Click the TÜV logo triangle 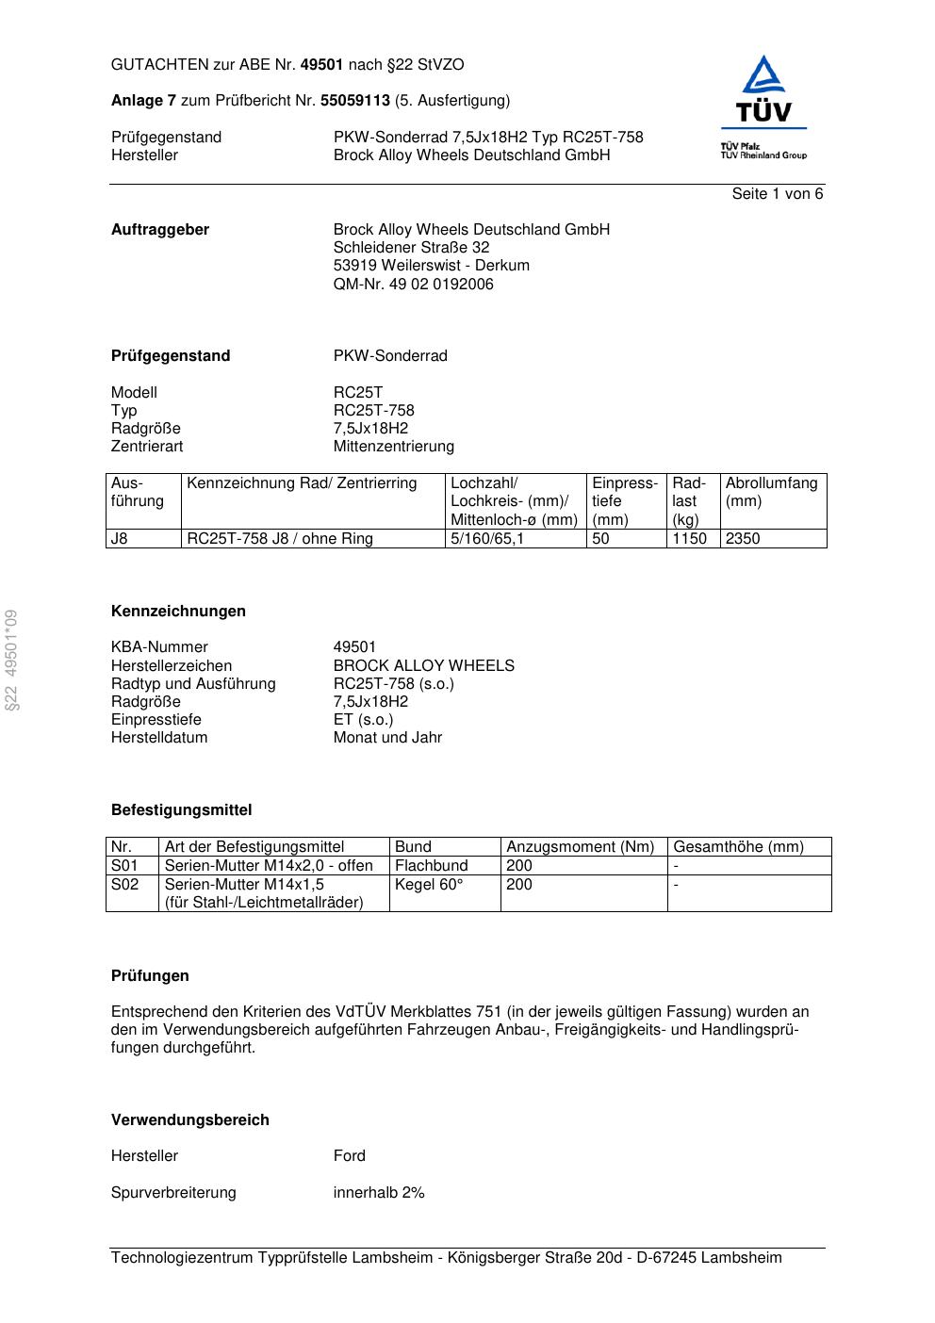click(x=763, y=75)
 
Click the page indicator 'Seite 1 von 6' click(x=777, y=194)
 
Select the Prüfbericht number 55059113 click(x=355, y=101)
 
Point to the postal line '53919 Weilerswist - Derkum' click(x=431, y=266)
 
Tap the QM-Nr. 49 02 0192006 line click(x=413, y=284)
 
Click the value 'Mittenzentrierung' click(x=393, y=447)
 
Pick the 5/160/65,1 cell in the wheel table click(x=487, y=539)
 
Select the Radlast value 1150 click(x=689, y=539)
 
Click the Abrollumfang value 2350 click(x=743, y=539)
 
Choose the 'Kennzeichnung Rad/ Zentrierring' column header click(x=302, y=483)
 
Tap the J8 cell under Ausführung click(x=120, y=539)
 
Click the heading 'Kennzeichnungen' click(x=178, y=612)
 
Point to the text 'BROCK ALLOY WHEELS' click(x=423, y=665)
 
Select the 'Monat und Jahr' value click(x=387, y=738)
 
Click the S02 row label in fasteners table click(x=124, y=885)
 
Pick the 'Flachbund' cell click(x=432, y=866)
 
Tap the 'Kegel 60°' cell click(x=429, y=885)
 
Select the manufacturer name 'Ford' click(x=349, y=1156)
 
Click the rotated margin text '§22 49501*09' click(x=11, y=660)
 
